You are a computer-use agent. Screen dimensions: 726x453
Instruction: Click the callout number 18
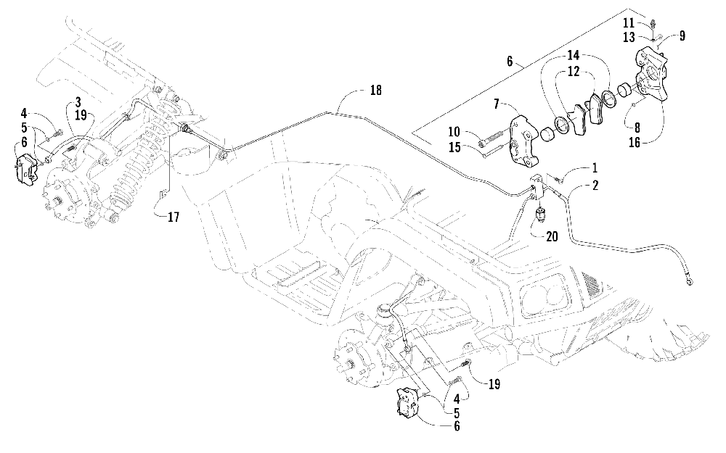coord(375,90)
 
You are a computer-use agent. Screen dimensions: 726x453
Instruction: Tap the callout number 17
coord(174,217)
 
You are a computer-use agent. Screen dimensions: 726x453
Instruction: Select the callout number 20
coord(552,236)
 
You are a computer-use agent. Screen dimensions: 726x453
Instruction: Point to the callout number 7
coord(497,104)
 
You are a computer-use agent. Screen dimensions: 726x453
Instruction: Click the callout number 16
coord(635,142)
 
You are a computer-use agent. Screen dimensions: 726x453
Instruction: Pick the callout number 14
coord(574,56)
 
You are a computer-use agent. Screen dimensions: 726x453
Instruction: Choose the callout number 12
coord(574,72)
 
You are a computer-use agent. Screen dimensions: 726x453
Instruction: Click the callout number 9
coord(682,36)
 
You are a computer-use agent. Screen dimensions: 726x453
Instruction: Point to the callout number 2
coord(595,185)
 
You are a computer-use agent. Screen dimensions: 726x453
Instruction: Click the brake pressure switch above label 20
coord(539,215)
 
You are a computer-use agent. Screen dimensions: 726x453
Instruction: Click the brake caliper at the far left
coord(26,170)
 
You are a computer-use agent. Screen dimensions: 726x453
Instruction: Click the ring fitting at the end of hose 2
coord(690,280)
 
